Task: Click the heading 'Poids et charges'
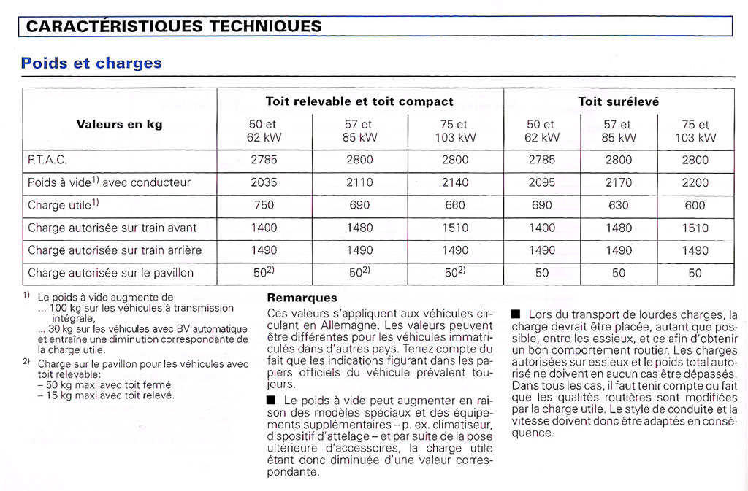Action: pos(91,63)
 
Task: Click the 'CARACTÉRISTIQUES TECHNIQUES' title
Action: pos(174,26)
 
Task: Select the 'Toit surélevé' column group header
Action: pos(618,101)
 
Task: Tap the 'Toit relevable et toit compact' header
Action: pos(359,101)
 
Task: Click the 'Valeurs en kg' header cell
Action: pos(119,124)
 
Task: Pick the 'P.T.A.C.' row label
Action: pos(47,160)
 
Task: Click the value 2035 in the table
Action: pos(264,182)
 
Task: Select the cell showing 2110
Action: pos(359,182)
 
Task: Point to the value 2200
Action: pos(695,182)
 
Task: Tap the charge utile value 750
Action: pos(264,205)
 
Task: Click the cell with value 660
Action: pos(455,205)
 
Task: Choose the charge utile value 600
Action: pos(695,205)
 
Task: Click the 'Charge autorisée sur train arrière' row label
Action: pos(115,250)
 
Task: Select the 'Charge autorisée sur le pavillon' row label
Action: pos(111,273)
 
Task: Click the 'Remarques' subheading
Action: pos(302,298)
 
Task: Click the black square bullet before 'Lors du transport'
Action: pos(515,314)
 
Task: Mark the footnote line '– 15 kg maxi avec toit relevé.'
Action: pos(107,395)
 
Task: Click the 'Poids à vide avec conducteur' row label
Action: pos(110,182)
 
